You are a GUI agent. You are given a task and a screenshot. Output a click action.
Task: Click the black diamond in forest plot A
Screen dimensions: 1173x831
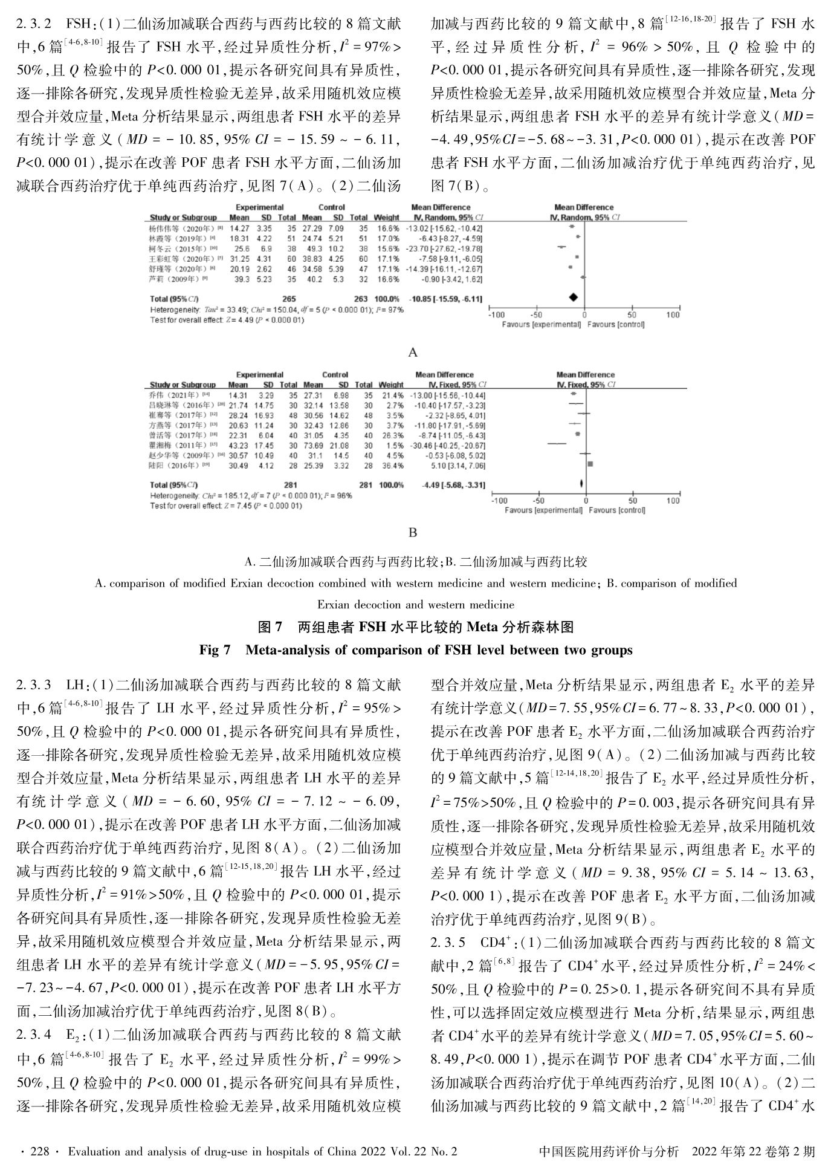tap(573, 297)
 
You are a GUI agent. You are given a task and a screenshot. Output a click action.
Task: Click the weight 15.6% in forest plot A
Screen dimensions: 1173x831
tap(387, 249)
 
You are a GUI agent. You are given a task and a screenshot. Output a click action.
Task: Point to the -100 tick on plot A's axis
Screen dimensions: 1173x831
tap(497, 315)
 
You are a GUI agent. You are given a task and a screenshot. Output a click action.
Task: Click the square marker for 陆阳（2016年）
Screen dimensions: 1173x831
tap(590, 464)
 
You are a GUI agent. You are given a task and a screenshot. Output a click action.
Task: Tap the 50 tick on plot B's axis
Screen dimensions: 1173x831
tap(633, 501)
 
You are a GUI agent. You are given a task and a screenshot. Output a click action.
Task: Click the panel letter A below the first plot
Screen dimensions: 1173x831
tap(413, 353)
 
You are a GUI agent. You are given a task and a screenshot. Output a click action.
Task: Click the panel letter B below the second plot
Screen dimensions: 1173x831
tap(413, 533)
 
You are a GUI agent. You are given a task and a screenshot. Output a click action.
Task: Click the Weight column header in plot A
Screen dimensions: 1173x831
tap(387, 217)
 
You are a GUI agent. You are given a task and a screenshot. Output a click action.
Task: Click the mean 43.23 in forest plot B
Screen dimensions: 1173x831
tap(238, 445)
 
